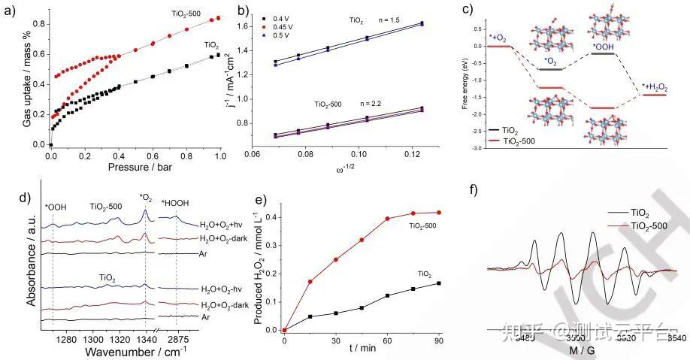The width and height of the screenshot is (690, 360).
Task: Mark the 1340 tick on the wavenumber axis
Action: (x=144, y=340)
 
